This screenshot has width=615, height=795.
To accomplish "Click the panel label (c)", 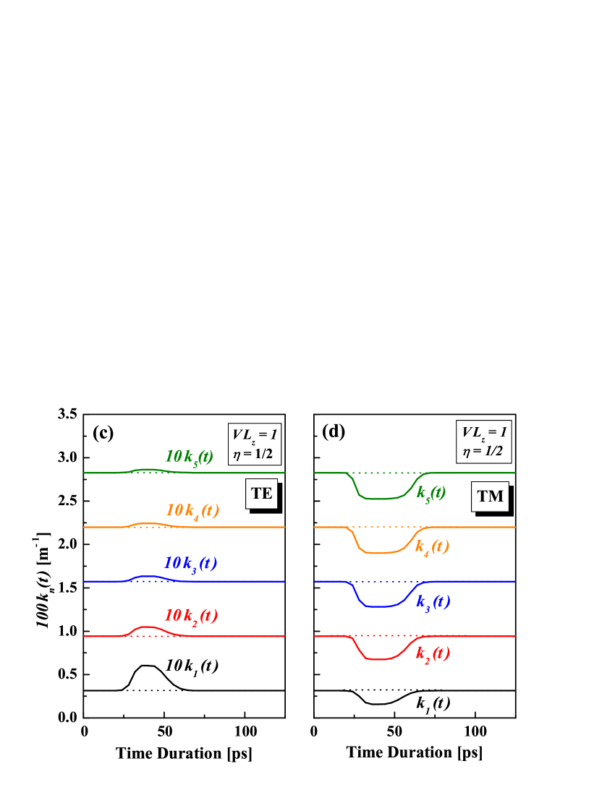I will pyautogui.click(x=103, y=432).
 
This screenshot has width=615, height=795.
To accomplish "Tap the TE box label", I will pyautogui.click(x=261, y=494).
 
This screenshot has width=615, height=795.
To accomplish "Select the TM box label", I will pyautogui.click(x=490, y=497).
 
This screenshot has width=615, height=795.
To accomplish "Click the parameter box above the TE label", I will pyautogui.click(x=254, y=444).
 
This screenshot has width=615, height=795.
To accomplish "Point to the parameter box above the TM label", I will pyautogui.click(x=484, y=442).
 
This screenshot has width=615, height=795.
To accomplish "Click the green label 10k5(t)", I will pyautogui.click(x=189, y=457).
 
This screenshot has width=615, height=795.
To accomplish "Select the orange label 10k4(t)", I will pyautogui.click(x=192, y=511).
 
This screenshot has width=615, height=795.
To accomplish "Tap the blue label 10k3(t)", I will pyautogui.click(x=190, y=564).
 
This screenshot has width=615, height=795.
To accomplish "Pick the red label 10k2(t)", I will pyautogui.click(x=191, y=616).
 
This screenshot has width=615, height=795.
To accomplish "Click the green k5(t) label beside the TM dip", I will pyautogui.click(x=431, y=493).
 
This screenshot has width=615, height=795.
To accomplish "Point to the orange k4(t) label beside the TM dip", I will pyautogui.click(x=432, y=547).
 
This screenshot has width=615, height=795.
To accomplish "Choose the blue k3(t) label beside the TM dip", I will pyautogui.click(x=433, y=601).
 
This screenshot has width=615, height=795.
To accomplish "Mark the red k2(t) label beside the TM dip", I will pyautogui.click(x=433, y=654).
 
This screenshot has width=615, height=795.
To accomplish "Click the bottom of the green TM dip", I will pyautogui.click(x=381, y=499).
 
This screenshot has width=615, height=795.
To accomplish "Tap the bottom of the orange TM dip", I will pyautogui.click(x=381, y=553).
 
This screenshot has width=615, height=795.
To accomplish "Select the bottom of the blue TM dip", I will pyautogui.click(x=381, y=606).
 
